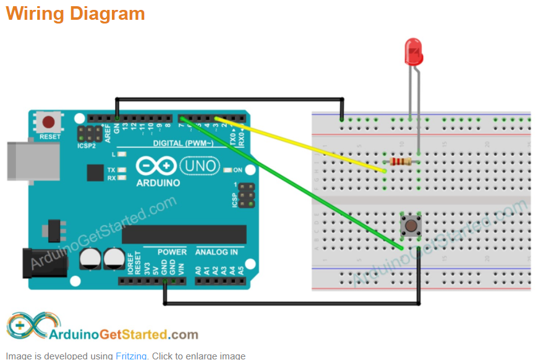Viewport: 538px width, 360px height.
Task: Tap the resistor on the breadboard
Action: pos(401,162)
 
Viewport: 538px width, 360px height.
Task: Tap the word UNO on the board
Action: pos(199,165)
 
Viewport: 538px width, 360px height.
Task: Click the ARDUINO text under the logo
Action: pos(158,183)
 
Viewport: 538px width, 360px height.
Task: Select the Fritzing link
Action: pos(131,356)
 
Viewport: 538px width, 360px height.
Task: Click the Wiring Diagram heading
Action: pos(75,13)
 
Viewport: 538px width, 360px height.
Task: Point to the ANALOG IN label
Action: pos(216,252)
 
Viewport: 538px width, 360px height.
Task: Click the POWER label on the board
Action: pos(172,252)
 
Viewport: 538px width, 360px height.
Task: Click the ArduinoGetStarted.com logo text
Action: pos(124,335)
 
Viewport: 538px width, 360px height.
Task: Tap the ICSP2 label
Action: pos(86,147)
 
